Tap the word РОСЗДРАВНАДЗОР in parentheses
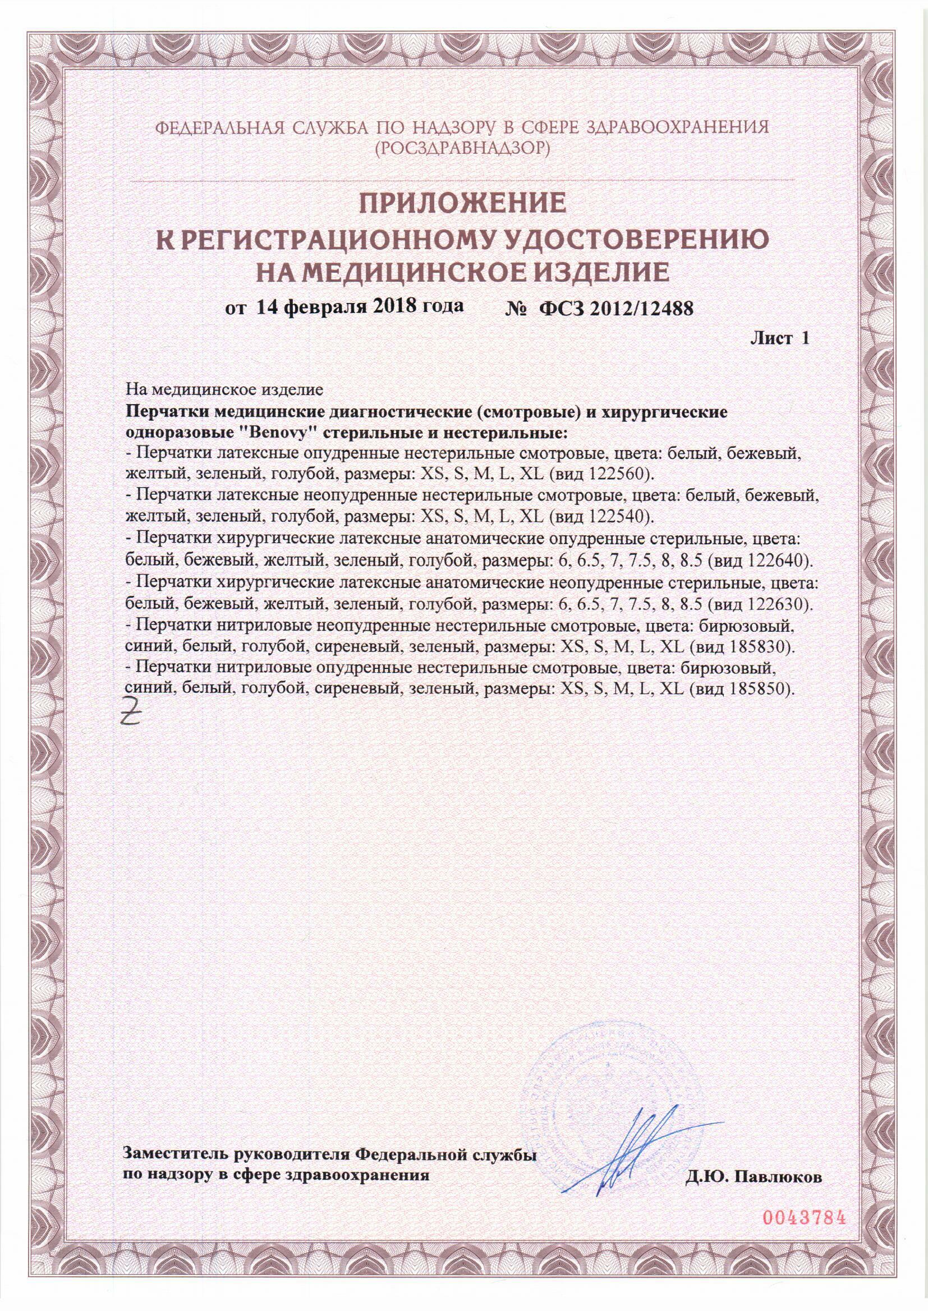tap(463, 149)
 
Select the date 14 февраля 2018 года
tap(360, 307)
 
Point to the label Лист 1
tap(779, 338)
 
